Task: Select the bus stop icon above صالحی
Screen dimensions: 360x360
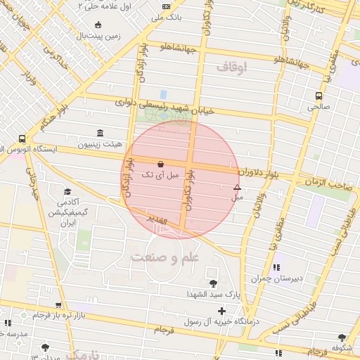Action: coord(319,96)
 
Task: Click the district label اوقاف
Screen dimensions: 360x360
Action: coord(233,67)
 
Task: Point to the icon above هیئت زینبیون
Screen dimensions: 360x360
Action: coord(100,133)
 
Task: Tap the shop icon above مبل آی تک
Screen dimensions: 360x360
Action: coord(161,163)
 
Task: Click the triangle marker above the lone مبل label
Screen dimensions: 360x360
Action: coord(237,187)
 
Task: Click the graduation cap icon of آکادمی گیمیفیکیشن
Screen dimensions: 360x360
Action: coord(67,191)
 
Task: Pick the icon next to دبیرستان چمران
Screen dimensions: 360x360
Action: coord(277,267)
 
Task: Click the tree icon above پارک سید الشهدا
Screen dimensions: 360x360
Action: coord(213,283)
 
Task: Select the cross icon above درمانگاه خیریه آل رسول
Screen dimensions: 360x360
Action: coord(222,310)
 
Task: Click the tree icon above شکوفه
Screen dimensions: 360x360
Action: coord(342,337)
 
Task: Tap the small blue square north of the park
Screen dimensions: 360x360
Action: coord(163,94)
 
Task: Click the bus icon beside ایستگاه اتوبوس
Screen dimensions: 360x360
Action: coord(22,139)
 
